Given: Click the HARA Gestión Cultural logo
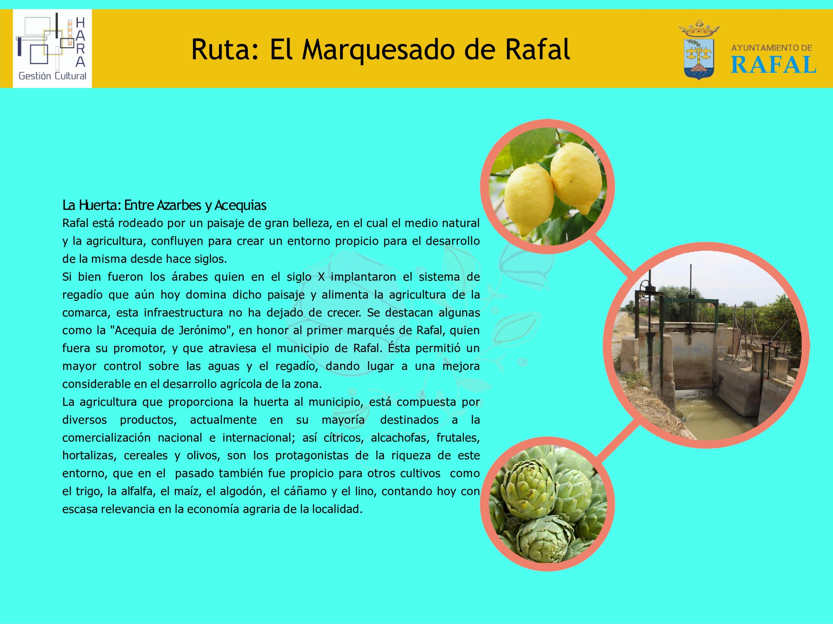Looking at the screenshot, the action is click(52, 48).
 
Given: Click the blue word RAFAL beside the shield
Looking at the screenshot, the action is click(773, 65).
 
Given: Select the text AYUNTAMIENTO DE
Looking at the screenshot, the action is click(772, 48).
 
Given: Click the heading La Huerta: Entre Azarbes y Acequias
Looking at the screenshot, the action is click(164, 205).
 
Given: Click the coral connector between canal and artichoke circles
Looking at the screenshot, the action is click(618, 442).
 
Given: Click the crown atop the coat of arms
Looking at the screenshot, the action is click(699, 28).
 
